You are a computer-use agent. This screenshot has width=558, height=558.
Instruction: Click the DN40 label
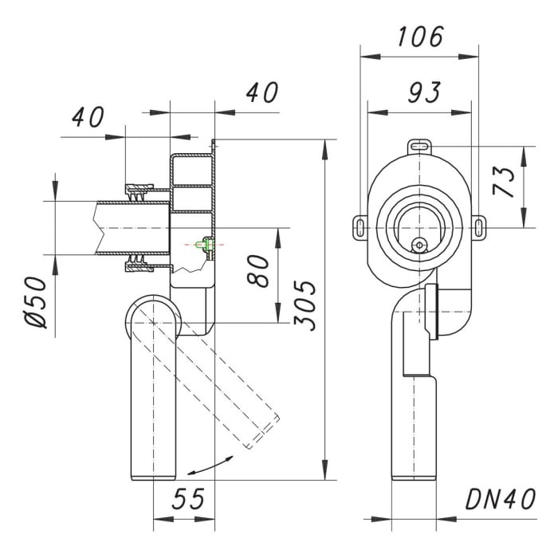(501, 500)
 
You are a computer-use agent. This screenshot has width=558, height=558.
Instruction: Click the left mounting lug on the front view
(361, 227)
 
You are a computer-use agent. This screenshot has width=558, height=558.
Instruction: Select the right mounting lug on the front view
(478, 227)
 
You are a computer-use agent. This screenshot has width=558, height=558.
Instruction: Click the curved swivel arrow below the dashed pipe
(214, 464)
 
